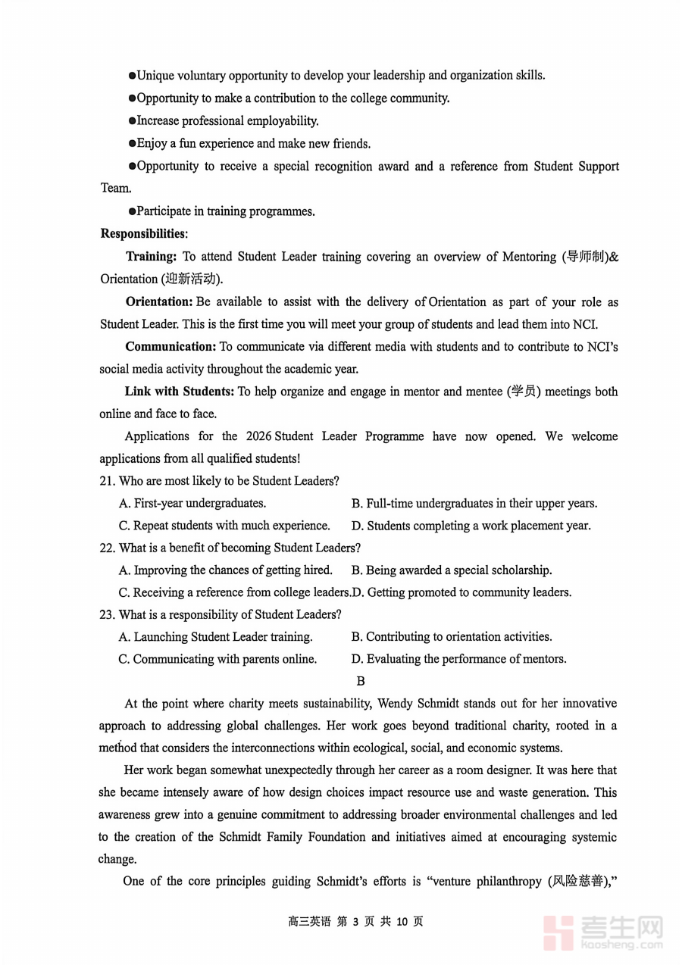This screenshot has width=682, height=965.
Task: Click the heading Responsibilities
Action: (142, 233)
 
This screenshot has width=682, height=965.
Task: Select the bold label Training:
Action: (152, 257)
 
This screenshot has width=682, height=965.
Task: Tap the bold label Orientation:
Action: (158, 302)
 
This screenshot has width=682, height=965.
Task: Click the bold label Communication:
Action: (170, 347)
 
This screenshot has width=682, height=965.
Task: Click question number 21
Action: (106, 481)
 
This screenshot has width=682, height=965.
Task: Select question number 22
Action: (106, 548)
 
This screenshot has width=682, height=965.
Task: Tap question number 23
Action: (106, 614)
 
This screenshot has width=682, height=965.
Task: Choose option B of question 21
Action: (474, 503)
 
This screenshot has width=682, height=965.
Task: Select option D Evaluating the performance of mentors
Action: (458, 659)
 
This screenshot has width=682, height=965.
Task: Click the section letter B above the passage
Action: (361, 681)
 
